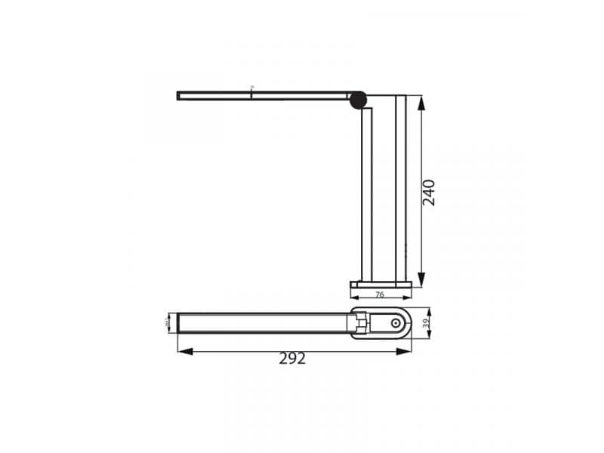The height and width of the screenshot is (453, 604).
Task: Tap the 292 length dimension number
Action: [292, 359]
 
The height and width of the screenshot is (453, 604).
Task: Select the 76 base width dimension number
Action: [380, 294]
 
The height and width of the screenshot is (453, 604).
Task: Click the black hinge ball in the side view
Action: [358, 99]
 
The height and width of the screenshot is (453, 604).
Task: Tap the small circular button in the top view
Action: [394, 323]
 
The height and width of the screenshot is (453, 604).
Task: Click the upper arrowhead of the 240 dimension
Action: [421, 100]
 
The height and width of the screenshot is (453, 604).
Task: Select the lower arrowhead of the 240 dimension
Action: [421, 278]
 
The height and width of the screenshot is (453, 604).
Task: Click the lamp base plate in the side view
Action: [381, 285]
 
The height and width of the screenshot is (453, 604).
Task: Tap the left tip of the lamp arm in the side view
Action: [179, 96]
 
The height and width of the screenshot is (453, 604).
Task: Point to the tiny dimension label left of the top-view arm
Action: [167, 323]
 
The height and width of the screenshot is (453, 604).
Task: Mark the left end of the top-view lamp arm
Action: [180, 323]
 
